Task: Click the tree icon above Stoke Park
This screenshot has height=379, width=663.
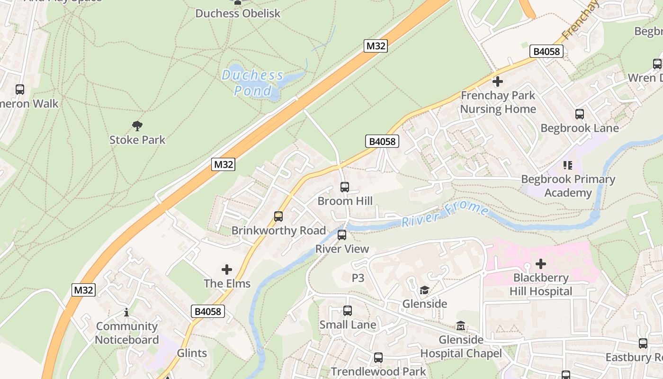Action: [137, 126]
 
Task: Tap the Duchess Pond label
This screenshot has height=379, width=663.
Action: [253, 83]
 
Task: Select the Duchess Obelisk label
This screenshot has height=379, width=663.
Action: [238, 13]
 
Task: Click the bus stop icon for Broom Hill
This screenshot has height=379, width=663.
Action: [345, 187]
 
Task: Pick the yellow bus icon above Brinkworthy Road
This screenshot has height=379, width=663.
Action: [278, 217]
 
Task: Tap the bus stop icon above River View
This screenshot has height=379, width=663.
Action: [342, 235]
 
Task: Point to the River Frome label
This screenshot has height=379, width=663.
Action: [445, 215]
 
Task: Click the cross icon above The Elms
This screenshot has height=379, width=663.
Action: [227, 270]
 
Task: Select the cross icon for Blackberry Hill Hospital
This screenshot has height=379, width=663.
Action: [541, 264]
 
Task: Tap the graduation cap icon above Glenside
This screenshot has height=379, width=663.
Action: [425, 290]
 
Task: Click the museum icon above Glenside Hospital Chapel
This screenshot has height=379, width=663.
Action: [461, 326]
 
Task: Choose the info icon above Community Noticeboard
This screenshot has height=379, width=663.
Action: [126, 313]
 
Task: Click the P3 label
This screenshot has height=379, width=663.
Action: [358, 278]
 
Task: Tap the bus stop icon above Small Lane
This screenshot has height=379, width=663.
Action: [348, 311]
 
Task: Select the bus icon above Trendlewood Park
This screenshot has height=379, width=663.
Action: [378, 358]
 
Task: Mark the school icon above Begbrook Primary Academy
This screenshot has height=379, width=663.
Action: [567, 165]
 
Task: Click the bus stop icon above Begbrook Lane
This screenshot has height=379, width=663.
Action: [580, 114]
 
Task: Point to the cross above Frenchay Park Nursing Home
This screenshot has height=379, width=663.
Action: [498, 81]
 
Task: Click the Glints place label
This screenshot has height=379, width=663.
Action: [192, 353]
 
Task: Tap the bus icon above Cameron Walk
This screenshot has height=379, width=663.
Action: [20, 90]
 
